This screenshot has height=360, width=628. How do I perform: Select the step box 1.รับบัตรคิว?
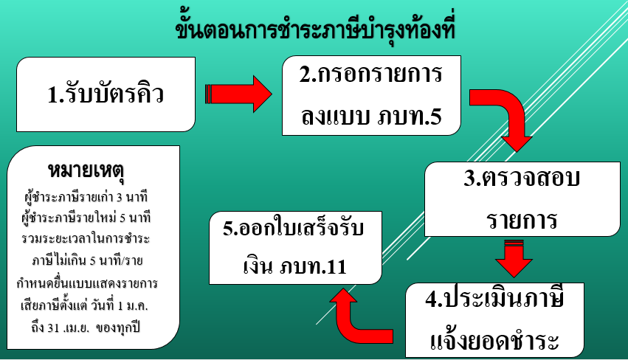pos(106,94)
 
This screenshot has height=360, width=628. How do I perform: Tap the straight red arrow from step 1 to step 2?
pos(238,94)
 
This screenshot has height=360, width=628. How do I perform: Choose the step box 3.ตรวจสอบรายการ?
pos(522,199)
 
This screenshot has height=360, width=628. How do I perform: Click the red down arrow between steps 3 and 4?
pos(514,259)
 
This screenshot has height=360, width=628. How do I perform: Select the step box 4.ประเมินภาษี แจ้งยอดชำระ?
pos(494,320)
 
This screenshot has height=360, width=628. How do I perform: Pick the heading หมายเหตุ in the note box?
pos(86,170)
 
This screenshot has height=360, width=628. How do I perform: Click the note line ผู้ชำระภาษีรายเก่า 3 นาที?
pos(86,197)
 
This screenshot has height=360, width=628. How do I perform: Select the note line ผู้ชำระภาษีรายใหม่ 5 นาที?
pos(86,218)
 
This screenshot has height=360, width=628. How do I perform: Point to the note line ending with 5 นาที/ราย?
pos(87,260)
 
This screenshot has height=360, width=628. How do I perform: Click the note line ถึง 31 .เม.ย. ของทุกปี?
pos(86,328)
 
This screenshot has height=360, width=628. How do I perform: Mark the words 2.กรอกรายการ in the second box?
pos(371,74)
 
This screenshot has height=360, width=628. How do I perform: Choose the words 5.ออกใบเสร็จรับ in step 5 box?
pos(294,228)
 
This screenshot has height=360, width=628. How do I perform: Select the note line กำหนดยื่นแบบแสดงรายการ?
pos(87,283)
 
